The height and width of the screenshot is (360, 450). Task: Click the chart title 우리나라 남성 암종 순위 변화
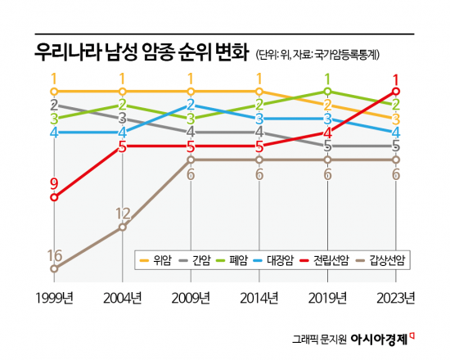pos(140,54)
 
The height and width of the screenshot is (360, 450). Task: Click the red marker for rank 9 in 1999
pos(55,197)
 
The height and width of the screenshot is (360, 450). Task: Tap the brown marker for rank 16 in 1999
pos(55,268)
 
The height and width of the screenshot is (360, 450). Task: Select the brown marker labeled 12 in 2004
pos(123,227)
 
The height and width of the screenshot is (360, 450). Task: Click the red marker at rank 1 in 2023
pos(396,91)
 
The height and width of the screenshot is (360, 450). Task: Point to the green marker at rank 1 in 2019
pos(327,91)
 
